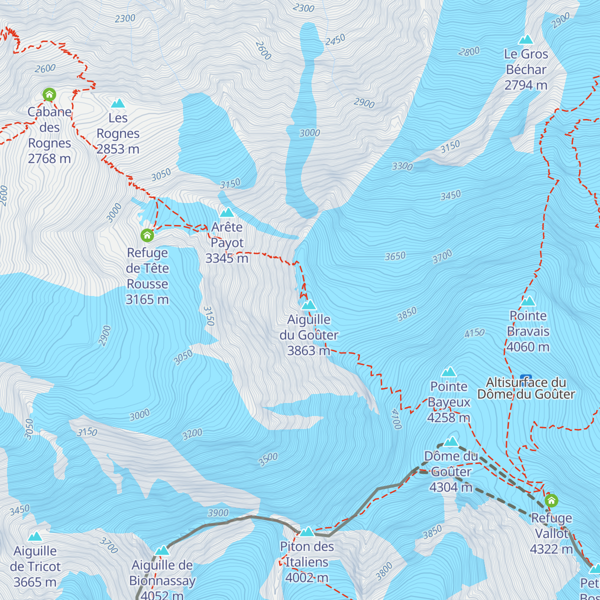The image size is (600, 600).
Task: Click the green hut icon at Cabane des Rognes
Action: [x=49, y=94]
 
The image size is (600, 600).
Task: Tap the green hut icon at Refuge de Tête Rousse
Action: [x=147, y=234]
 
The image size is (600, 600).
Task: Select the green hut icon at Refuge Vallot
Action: [x=551, y=500]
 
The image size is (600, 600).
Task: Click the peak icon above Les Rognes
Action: [x=118, y=103]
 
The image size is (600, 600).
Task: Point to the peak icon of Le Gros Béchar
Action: [x=526, y=39]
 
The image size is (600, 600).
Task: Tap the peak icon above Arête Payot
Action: [x=227, y=212]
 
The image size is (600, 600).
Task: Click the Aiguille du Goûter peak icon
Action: [x=309, y=304]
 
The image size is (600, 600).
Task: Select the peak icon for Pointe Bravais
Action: [x=528, y=301]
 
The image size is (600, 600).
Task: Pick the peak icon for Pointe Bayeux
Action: [x=449, y=371]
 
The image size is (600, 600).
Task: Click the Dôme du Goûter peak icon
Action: [x=451, y=441]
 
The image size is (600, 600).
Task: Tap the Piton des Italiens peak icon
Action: [x=307, y=531]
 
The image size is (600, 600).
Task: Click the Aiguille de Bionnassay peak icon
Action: [x=162, y=550]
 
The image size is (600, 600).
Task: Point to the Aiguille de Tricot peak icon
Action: [x=35, y=536]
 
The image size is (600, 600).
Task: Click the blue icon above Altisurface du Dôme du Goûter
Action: [x=525, y=377]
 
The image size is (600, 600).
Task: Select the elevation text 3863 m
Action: [x=308, y=350]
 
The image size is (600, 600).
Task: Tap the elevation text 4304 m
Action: [x=450, y=487]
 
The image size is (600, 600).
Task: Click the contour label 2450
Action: [x=335, y=39]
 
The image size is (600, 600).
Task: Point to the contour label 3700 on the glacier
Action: [x=442, y=257]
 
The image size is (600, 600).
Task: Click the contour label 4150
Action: [x=474, y=332]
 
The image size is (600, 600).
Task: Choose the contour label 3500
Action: [x=268, y=459]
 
